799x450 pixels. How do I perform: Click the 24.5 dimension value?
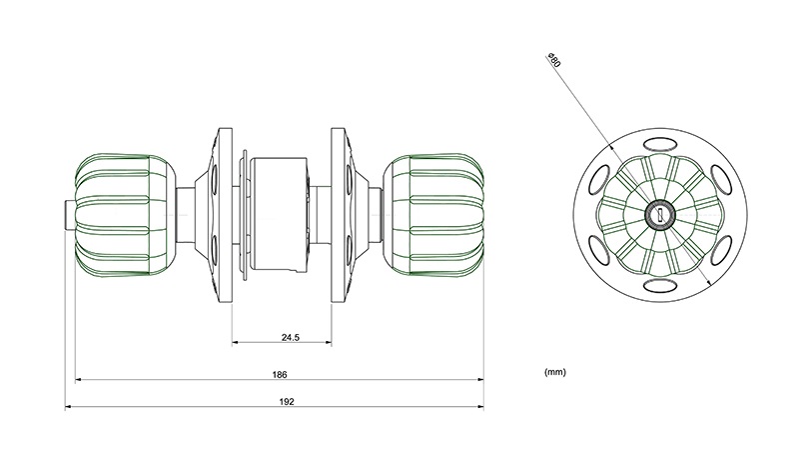coord(291,337)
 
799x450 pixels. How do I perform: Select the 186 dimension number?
coord(280,375)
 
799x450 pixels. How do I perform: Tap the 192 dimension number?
coord(287,402)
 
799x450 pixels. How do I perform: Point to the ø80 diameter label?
coord(553,60)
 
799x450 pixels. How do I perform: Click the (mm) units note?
coord(555,372)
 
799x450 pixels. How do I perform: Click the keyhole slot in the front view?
coord(660,215)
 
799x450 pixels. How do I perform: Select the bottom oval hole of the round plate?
coord(660,286)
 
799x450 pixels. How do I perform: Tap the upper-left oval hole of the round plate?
coord(599,180)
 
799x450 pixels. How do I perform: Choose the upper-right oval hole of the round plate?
coord(721,180)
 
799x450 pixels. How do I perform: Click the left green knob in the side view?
coord(126,215)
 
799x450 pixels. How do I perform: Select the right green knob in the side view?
coord(433,215)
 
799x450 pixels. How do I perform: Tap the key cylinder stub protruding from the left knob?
coord(70,215)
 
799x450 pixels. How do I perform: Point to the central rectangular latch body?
coord(280,215)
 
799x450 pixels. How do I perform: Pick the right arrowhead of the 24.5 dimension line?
coord(328,342)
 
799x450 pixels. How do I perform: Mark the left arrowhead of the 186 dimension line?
coord(79,380)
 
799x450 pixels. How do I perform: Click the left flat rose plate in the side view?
coord(226,215)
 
